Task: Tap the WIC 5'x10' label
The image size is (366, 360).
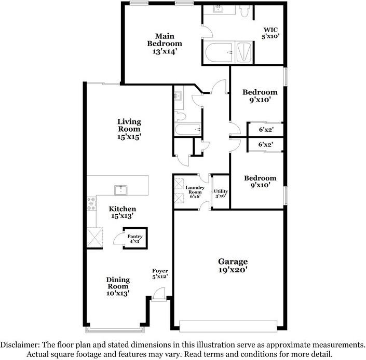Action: [270, 33]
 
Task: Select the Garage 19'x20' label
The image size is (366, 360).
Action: [233, 266]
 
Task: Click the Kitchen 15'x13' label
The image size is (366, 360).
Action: [122, 212]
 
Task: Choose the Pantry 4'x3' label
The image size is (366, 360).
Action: [134, 239]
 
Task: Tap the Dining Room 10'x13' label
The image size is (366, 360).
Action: [118, 286]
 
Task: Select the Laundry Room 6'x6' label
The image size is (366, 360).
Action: [195, 191]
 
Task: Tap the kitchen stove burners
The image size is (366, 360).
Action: [92, 203]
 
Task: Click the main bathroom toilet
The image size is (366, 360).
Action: [246, 10]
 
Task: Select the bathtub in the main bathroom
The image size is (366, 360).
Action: [218, 53]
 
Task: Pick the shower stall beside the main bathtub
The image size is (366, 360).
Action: [244, 53]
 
